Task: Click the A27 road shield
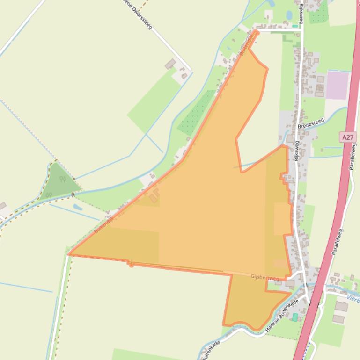click(347, 137)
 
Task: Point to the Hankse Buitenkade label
click(281, 315)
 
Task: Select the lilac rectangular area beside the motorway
click(337, 85)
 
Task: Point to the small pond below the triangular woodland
click(78, 207)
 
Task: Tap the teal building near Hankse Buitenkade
click(294, 317)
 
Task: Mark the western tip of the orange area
click(70, 254)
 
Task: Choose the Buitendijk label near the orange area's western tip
click(104, 223)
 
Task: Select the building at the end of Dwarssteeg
click(170, 64)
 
